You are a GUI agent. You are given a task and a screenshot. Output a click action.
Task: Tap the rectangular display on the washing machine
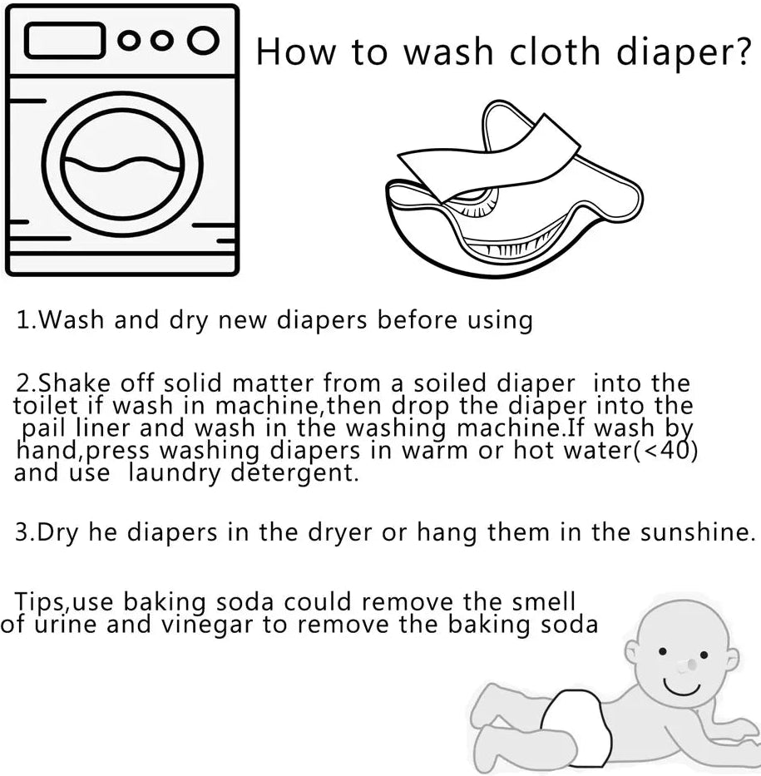coord(64,41)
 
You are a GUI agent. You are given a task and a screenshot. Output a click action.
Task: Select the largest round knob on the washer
coord(203,41)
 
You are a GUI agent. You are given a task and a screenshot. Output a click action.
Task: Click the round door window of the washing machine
coord(122,164)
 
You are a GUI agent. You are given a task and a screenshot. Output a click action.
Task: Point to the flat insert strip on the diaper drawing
coord(490,158)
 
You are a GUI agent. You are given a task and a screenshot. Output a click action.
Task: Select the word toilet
coord(46,405)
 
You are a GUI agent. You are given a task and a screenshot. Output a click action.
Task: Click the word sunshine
coord(698,532)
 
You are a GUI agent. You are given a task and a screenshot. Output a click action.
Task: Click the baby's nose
coord(686,665)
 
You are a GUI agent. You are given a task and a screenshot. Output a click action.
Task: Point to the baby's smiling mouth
coord(682,686)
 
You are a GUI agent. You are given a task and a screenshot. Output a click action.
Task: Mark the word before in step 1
coord(418,319)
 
